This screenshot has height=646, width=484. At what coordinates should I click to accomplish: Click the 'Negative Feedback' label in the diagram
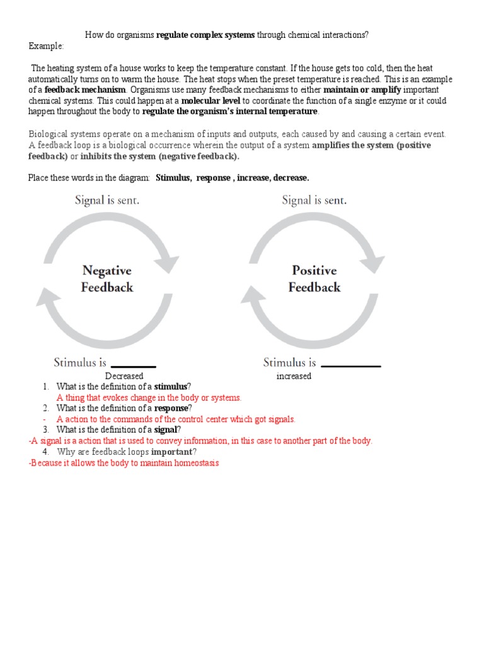[x=107, y=279]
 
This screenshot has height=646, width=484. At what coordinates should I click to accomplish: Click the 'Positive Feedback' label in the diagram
[x=314, y=279]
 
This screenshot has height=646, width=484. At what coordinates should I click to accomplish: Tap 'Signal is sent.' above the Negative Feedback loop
[x=107, y=201]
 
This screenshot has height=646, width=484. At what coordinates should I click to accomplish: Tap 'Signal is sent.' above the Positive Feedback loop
[x=314, y=201]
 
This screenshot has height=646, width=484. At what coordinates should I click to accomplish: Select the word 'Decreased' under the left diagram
[x=124, y=376]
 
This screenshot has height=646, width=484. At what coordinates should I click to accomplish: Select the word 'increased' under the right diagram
[x=294, y=376]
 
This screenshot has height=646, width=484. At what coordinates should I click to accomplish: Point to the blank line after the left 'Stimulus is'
[x=133, y=366]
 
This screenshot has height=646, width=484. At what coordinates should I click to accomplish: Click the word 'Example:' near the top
[x=46, y=47]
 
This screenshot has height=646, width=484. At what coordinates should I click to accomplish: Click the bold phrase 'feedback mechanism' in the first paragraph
[x=85, y=90]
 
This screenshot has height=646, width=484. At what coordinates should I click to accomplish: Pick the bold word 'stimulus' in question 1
[x=171, y=387]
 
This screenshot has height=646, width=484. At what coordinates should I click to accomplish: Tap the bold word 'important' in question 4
[x=171, y=452]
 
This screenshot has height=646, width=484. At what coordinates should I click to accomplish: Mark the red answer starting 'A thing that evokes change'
[x=149, y=397]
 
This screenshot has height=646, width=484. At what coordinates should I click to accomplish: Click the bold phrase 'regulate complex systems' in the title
[x=205, y=35]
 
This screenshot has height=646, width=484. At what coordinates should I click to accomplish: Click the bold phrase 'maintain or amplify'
[x=362, y=90]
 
